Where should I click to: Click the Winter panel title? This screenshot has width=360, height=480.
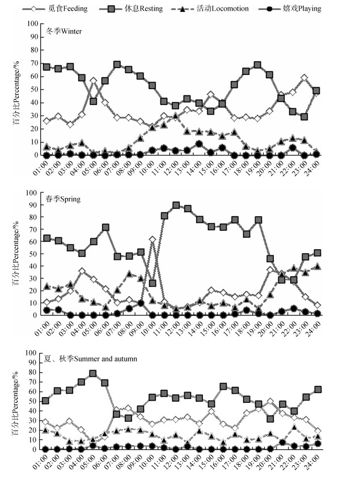(x=63, y=31)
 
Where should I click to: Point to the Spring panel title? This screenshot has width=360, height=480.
(x=63, y=199)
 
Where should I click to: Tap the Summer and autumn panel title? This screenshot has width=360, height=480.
(x=91, y=359)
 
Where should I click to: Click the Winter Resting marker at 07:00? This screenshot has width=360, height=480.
(x=117, y=65)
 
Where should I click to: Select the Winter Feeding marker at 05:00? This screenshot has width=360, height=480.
(x=94, y=81)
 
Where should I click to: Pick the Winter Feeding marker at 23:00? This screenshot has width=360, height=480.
(x=304, y=78)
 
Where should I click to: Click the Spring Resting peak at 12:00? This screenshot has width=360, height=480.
(x=176, y=205)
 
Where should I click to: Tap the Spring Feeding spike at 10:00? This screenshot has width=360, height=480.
(x=153, y=239)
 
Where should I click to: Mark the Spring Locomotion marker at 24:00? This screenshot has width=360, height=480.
(x=317, y=266)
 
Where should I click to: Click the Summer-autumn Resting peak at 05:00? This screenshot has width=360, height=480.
(x=93, y=373)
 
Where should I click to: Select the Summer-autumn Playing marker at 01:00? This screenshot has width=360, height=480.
(x=45, y=449)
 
